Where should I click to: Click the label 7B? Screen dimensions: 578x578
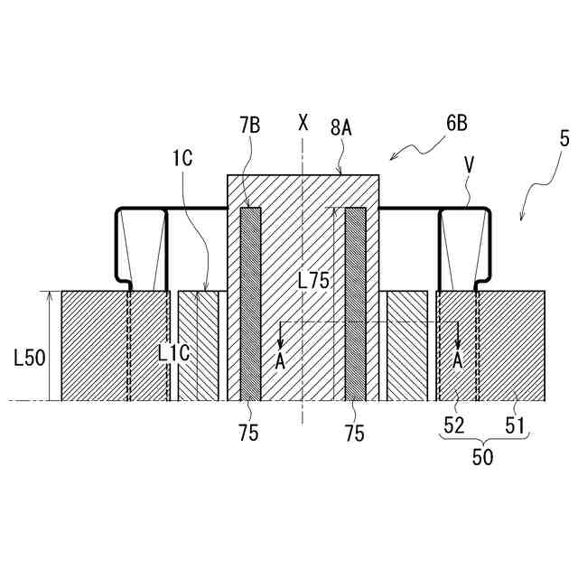250,125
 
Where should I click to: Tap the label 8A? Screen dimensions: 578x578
340,128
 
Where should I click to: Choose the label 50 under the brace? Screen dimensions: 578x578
483,457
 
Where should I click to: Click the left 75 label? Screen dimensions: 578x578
249,433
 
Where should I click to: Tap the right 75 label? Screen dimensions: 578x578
355,433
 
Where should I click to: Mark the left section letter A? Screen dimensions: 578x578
280,360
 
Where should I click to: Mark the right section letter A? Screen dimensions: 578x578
458,360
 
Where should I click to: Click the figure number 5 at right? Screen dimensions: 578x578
564,140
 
